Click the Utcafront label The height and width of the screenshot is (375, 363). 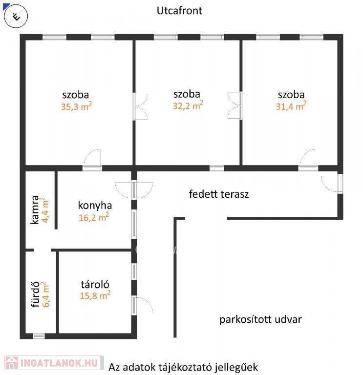pyautogui.click(x=179, y=11)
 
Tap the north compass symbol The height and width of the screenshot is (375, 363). pyautogui.click(x=16, y=16)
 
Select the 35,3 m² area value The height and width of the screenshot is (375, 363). pyautogui.click(x=77, y=106)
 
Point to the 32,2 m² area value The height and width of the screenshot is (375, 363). pyautogui.click(x=188, y=105)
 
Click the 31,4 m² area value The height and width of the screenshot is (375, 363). pyautogui.click(x=291, y=106)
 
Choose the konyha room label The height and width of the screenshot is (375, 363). pyautogui.click(x=95, y=206)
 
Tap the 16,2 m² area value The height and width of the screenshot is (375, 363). pyautogui.click(x=94, y=217)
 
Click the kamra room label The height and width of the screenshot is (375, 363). pyautogui.click(x=35, y=210)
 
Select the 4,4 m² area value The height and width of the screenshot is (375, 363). pyautogui.click(x=45, y=210)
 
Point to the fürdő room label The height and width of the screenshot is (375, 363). pyautogui.click(x=35, y=294)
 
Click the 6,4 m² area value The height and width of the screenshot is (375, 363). pyautogui.click(x=45, y=294)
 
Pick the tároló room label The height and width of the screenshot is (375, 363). pyautogui.click(x=95, y=285)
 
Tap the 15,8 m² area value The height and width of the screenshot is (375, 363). pyautogui.click(x=95, y=295)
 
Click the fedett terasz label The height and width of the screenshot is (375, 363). pyautogui.click(x=219, y=194)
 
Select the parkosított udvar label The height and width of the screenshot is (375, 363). pyautogui.click(x=260, y=319)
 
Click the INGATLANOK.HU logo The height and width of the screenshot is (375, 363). pyautogui.click(x=54, y=363)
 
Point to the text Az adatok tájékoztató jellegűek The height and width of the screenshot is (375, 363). pyautogui.click(x=183, y=367)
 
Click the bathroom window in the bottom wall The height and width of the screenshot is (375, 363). pyautogui.click(x=39, y=336)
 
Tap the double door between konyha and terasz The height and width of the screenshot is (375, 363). pyautogui.click(x=134, y=189)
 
